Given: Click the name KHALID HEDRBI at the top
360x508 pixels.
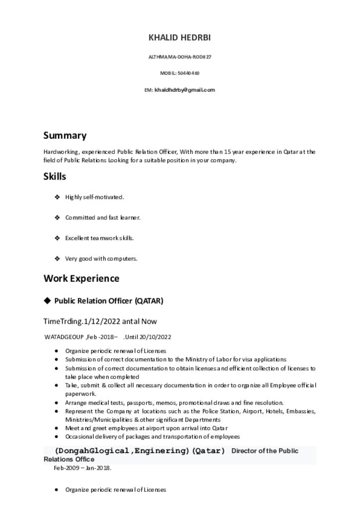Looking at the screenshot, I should tap(180, 38).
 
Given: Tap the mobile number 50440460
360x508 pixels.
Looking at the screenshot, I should tap(189, 73).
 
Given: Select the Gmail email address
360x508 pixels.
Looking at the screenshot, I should tap(185, 90).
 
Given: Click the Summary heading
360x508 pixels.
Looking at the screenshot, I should tap(65, 135).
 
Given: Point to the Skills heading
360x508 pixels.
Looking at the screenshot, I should tap(55, 177).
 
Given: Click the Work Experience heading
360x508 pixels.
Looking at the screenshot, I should tap(81, 278).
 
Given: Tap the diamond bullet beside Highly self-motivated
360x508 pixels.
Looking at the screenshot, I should tap(58, 197).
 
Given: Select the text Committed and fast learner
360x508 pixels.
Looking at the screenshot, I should tap(103, 217).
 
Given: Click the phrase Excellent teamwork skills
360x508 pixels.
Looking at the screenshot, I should tap(99, 238).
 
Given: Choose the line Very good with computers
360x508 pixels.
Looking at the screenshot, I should tap(101, 258).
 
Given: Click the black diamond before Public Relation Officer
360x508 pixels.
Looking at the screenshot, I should tap(47, 301).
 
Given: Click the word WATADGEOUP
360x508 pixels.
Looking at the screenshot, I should tap(64, 337).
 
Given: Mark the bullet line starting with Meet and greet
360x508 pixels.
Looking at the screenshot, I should tap(146, 428).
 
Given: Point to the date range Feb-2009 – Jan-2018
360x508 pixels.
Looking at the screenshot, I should tap(82, 468).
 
